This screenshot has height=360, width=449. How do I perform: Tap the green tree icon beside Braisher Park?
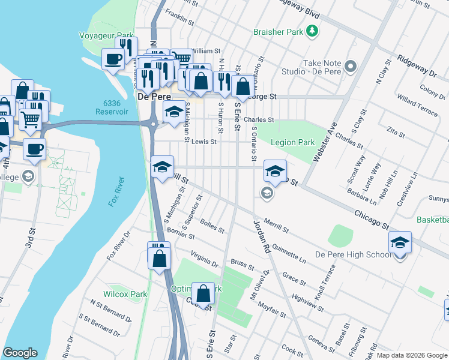(x=312, y=30)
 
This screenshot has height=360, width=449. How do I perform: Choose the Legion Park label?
(x=292, y=143)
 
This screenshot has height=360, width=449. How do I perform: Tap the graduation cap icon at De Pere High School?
(x=400, y=242)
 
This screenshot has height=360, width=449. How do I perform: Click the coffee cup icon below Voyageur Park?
(x=113, y=59)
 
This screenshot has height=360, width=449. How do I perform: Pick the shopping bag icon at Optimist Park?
(x=203, y=293)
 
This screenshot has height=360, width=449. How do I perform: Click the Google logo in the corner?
(x=19, y=353)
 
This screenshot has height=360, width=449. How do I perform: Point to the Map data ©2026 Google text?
(x=412, y=355)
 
